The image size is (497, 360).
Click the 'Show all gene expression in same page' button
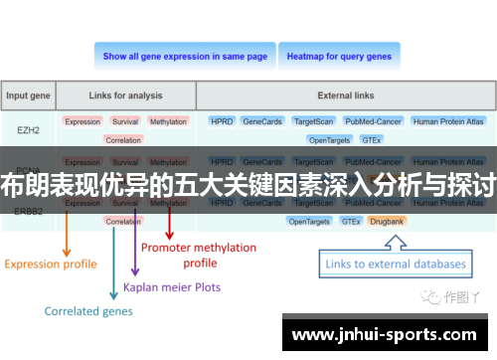pos(185,57)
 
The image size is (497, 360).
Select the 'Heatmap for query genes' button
pos(339,57)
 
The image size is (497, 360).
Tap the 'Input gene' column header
pos(29,96)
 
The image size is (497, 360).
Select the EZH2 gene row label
pos(29,129)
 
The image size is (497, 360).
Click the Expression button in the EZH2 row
pos(83,121)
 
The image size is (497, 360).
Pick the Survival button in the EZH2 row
pos(125,121)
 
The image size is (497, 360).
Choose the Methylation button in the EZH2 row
pos(168,121)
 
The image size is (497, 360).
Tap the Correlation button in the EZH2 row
pos(123,140)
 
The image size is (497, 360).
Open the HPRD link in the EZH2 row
pos(221,121)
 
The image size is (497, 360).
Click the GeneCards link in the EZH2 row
pos(261,121)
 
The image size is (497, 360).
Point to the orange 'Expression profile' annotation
pos(51,264)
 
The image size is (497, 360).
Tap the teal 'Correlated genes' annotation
pos(86,310)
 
